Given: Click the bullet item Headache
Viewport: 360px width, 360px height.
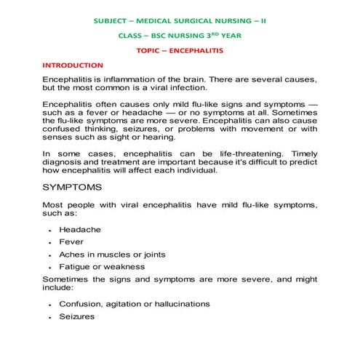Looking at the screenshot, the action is click(x=80, y=230).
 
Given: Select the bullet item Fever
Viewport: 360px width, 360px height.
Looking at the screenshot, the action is click(x=71, y=242).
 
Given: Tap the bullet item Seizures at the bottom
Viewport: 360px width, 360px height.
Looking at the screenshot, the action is click(x=76, y=316).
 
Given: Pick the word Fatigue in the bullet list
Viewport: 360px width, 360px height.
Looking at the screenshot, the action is click(x=75, y=267).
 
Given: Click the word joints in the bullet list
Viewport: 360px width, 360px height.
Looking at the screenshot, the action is click(x=151, y=255).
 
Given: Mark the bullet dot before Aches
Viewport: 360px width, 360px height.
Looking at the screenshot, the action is click(x=49, y=255).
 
